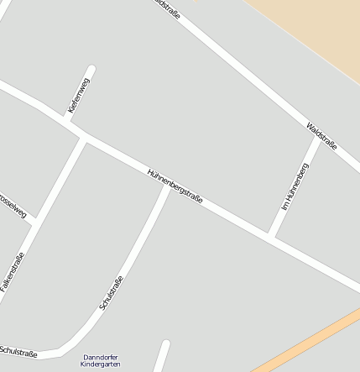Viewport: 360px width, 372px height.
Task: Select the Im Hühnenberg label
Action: pos(294,187)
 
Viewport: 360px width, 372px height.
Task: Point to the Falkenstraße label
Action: pos(13,272)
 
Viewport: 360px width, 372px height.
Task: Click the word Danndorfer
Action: pos(101,357)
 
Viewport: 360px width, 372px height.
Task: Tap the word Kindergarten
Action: pos(101,365)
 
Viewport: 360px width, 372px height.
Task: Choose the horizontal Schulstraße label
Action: pos(18,352)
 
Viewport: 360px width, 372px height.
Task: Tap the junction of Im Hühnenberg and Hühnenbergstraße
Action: pos(272,236)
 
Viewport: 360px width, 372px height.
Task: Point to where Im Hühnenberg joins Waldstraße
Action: pos(316,139)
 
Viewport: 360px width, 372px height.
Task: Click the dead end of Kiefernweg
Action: pos(91,70)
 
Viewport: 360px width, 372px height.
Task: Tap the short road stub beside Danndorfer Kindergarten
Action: pos(161,356)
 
